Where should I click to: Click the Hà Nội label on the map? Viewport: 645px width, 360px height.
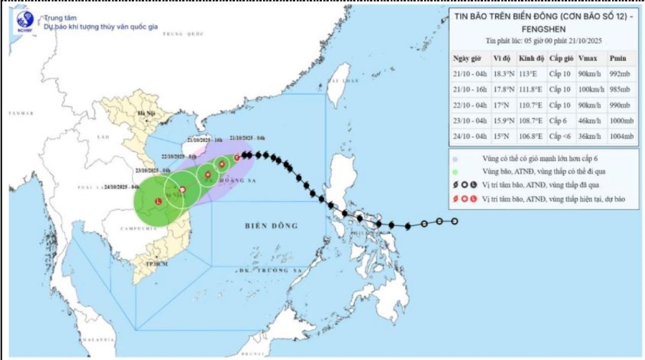(x=146, y=114)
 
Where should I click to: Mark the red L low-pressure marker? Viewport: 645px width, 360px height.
(x=158, y=202)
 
